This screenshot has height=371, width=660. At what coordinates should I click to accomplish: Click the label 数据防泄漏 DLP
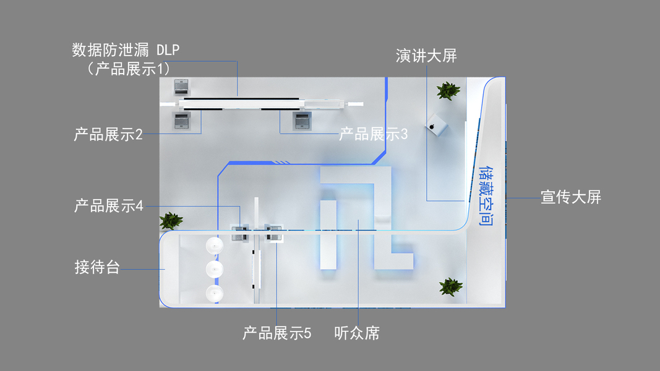[x=126, y=49]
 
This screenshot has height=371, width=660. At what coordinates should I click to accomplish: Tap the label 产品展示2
[x=108, y=134]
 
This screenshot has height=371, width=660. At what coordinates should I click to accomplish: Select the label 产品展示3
[x=373, y=134]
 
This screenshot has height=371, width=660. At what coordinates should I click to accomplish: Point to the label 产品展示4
[x=108, y=206]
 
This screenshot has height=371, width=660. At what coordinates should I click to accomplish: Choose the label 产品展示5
[x=276, y=334]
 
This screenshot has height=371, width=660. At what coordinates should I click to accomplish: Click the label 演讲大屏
[x=426, y=56]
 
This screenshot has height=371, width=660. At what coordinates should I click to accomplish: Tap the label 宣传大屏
[x=571, y=198]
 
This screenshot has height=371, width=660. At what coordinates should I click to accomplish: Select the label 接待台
[x=97, y=268]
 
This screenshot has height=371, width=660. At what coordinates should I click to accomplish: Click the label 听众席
[x=357, y=334]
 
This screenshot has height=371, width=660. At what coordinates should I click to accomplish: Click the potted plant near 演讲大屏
[x=448, y=91]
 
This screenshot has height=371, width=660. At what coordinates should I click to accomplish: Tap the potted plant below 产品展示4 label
[x=171, y=221]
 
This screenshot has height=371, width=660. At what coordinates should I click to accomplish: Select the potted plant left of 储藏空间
[x=450, y=286]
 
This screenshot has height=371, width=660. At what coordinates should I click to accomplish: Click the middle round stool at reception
[x=215, y=269]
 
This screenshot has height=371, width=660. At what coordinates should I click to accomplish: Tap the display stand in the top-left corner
[x=181, y=85]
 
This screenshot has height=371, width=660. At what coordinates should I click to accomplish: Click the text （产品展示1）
[x=129, y=68]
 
